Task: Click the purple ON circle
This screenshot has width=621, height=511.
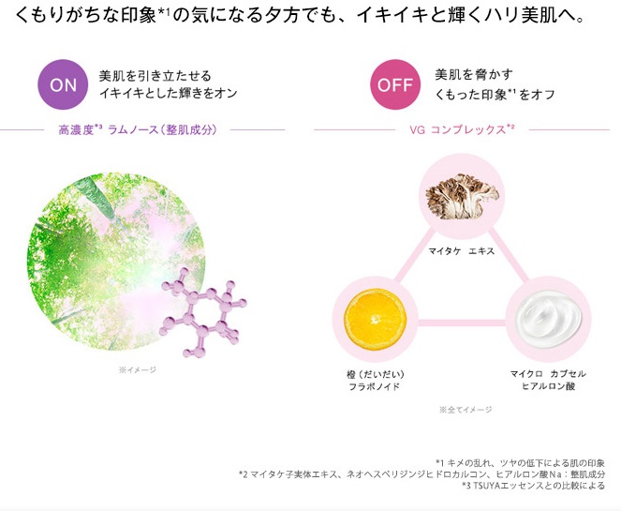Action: pyautogui.click(x=63, y=84)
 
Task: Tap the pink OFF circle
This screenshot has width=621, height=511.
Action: pyautogui.click(x=395, y=84)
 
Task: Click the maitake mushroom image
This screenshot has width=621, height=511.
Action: pyautogui.click(x=462, y=196)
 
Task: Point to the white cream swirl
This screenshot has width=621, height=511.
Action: pyautogui.click(x=549, y=319)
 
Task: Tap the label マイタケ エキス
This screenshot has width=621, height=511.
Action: pyautogui.click(x=462, y=251)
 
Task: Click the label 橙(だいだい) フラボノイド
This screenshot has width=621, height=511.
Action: pyautogui.click(x=375, y=380)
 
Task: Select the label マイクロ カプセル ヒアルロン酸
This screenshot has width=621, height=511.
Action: pyautogui.click(x=548, y=380)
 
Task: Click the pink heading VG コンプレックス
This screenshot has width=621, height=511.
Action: pyautogui.click(x=462, y=129)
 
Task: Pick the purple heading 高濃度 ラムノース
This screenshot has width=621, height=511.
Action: pyautogui.click(x=138, y=129)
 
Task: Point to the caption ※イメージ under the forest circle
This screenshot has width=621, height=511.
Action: pyautogui.click(x=138, y=369)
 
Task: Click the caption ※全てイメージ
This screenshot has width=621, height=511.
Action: pyautogui.click(x=466, y=410)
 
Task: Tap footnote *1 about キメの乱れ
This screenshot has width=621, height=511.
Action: pyautogui.click(x=520, y=463)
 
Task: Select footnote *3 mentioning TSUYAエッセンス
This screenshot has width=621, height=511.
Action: pyautogui.click(x=534, y=486)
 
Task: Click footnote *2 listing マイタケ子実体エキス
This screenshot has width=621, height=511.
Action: pyautogui.click(x=421, y=474)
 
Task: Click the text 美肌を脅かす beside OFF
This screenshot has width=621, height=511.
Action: pyautogui.click(x=474, y=74)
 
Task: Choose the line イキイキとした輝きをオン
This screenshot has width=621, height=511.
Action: pyautogui.click(x=169, y=93)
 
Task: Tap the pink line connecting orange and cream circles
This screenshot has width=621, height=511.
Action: pyautogui.click(x=462, y=323)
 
